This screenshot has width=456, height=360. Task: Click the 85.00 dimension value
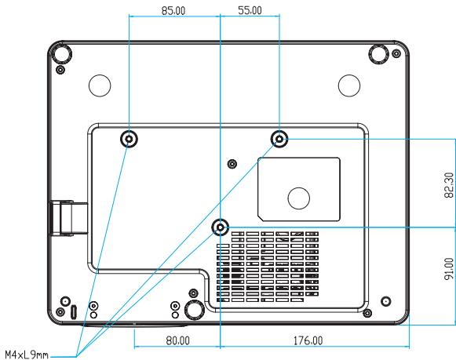click(173, 11)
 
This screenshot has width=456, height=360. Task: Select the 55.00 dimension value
click(250, 10)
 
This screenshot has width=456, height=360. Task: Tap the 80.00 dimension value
click(177, 340)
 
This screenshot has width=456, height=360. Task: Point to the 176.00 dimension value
click(308, 340)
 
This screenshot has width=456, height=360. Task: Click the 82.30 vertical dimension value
click(449, 185)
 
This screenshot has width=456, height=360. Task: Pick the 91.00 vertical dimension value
click(449, 269)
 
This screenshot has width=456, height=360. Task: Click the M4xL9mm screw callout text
click(27, 355)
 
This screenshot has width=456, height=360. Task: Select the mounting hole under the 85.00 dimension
click(129, 139)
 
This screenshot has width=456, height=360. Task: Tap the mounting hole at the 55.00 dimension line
click(279, 139)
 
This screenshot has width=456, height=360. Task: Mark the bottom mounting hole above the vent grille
click(220, 227)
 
